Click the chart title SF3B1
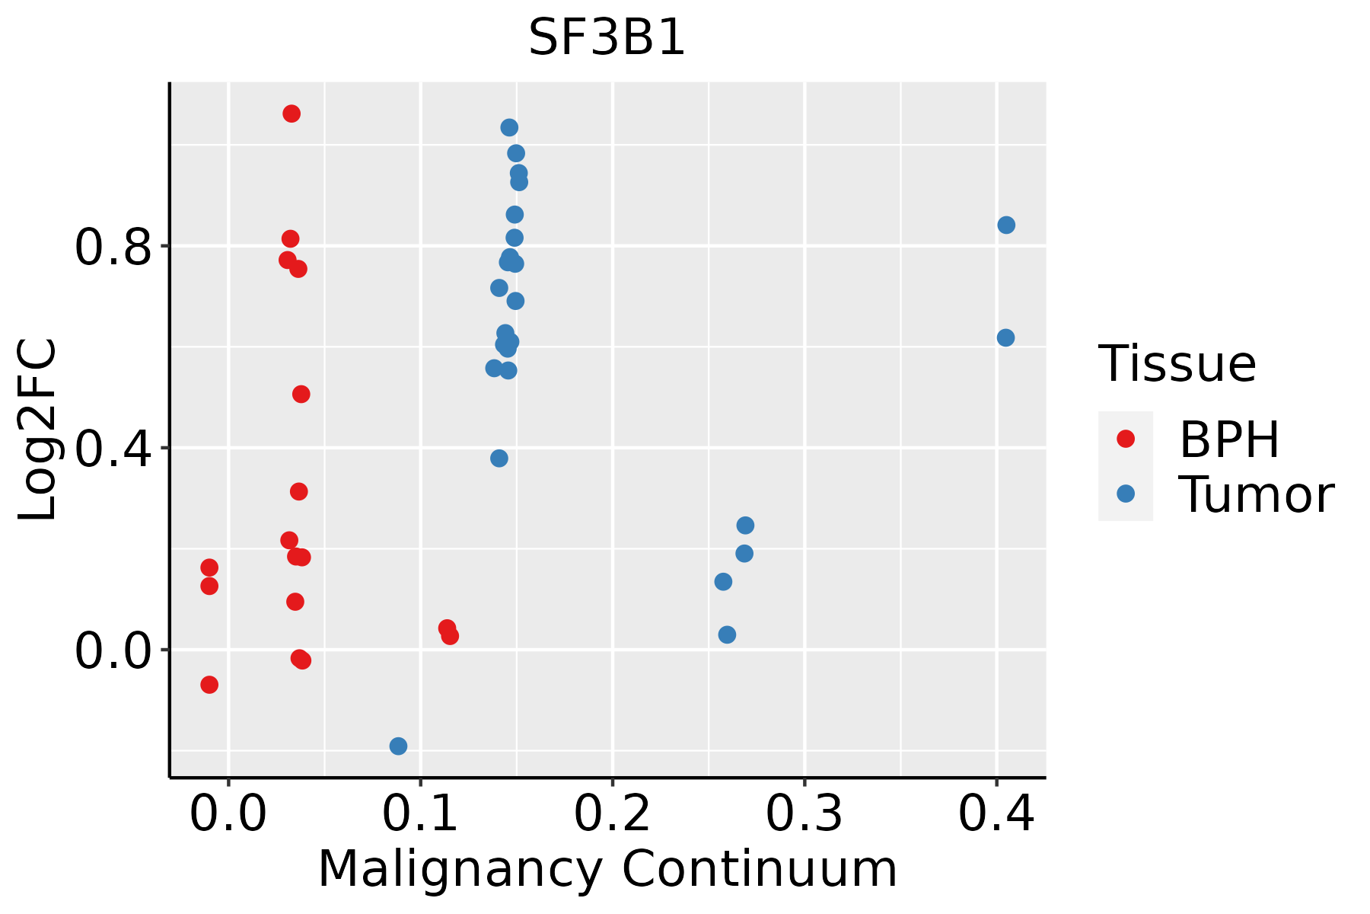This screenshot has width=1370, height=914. point(607,38)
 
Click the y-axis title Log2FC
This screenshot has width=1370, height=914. point(38,430)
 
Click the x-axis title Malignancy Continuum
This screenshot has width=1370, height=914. point(607,869)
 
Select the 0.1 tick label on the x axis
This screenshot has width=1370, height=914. point(420,814)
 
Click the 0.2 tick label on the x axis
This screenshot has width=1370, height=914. point(612,814)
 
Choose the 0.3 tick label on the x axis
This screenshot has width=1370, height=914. point(804,814)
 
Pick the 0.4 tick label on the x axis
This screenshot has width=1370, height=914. point(996,814)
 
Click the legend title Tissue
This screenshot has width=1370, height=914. point(1177,363)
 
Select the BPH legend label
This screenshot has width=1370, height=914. point(1229,439)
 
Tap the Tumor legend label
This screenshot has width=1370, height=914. point(1256,495)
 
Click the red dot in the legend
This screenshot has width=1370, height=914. point(1125,439)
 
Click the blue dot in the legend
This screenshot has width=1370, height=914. point(1125,494)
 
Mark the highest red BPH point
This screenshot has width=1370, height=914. point(292,113)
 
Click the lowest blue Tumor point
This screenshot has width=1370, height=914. point(398,746)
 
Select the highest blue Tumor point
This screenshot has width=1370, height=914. point(509,127)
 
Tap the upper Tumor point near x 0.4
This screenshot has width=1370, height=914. point(1006,225)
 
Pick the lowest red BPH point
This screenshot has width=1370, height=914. point(209,685)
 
